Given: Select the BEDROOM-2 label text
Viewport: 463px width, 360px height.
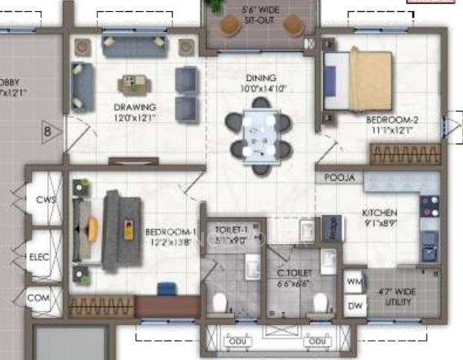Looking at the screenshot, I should pyautogui.click(x=389, y=119).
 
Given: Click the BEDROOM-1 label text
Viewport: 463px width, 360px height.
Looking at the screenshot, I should pyautogui.click(x=170, y=231).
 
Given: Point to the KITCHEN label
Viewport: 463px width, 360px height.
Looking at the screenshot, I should pyautogui.click(x=380, y=212).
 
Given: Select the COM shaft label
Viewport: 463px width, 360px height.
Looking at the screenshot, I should pyautogui.click(x=37, y=298).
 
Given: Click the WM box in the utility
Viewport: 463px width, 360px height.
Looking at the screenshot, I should pyautogui.click(x=354, y=282).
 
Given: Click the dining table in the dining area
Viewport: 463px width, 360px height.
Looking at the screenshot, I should pyautogui.click(x=260, y=134).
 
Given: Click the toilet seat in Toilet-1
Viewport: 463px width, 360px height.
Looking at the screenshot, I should pyautogui.click(x=219, y=302).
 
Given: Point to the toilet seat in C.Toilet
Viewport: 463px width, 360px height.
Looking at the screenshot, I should pyautogui.click(x=321, y=302).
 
